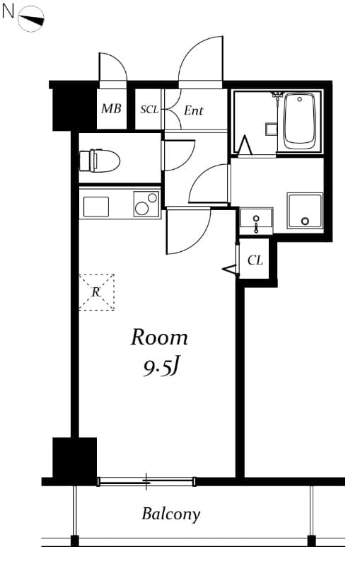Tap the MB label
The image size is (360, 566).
110,110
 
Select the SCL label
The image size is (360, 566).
149,110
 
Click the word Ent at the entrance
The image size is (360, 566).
193,110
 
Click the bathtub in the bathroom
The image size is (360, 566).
300,122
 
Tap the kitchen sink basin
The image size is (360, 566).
96,207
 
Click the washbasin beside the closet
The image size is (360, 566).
255,220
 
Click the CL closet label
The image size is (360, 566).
255,260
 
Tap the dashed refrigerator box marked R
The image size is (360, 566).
96,291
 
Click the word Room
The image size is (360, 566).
159,337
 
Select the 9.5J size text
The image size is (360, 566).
161,367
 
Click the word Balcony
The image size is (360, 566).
171,514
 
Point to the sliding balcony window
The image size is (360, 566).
146,482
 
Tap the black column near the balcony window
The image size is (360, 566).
74,458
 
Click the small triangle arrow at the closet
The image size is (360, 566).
229,269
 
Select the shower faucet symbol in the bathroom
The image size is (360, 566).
277,95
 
